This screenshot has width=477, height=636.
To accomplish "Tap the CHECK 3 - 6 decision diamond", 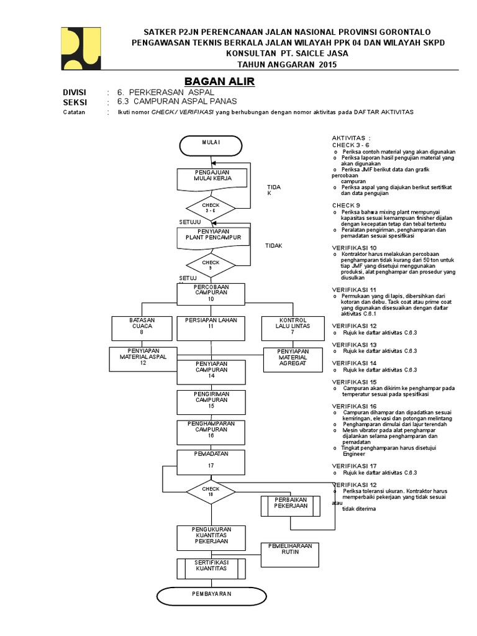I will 211,207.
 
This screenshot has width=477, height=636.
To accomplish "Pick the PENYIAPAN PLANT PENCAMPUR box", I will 213,237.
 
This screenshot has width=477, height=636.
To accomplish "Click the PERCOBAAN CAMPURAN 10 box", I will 211,293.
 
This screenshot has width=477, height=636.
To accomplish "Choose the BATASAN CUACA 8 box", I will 142,327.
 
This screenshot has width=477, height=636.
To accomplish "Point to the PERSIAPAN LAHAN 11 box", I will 211,327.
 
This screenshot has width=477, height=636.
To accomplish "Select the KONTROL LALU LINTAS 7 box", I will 293,327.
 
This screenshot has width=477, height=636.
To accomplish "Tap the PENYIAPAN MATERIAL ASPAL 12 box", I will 143,358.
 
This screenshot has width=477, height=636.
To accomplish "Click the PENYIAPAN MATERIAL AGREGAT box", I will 293,359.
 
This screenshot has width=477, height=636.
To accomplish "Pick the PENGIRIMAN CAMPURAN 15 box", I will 211,402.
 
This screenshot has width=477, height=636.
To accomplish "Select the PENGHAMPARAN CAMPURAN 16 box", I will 211,431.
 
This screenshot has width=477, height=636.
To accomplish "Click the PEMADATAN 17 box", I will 211,460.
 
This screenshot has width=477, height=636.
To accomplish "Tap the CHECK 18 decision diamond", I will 211,491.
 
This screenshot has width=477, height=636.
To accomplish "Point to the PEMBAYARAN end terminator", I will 211,595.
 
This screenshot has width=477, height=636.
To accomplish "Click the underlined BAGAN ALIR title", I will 220,82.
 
